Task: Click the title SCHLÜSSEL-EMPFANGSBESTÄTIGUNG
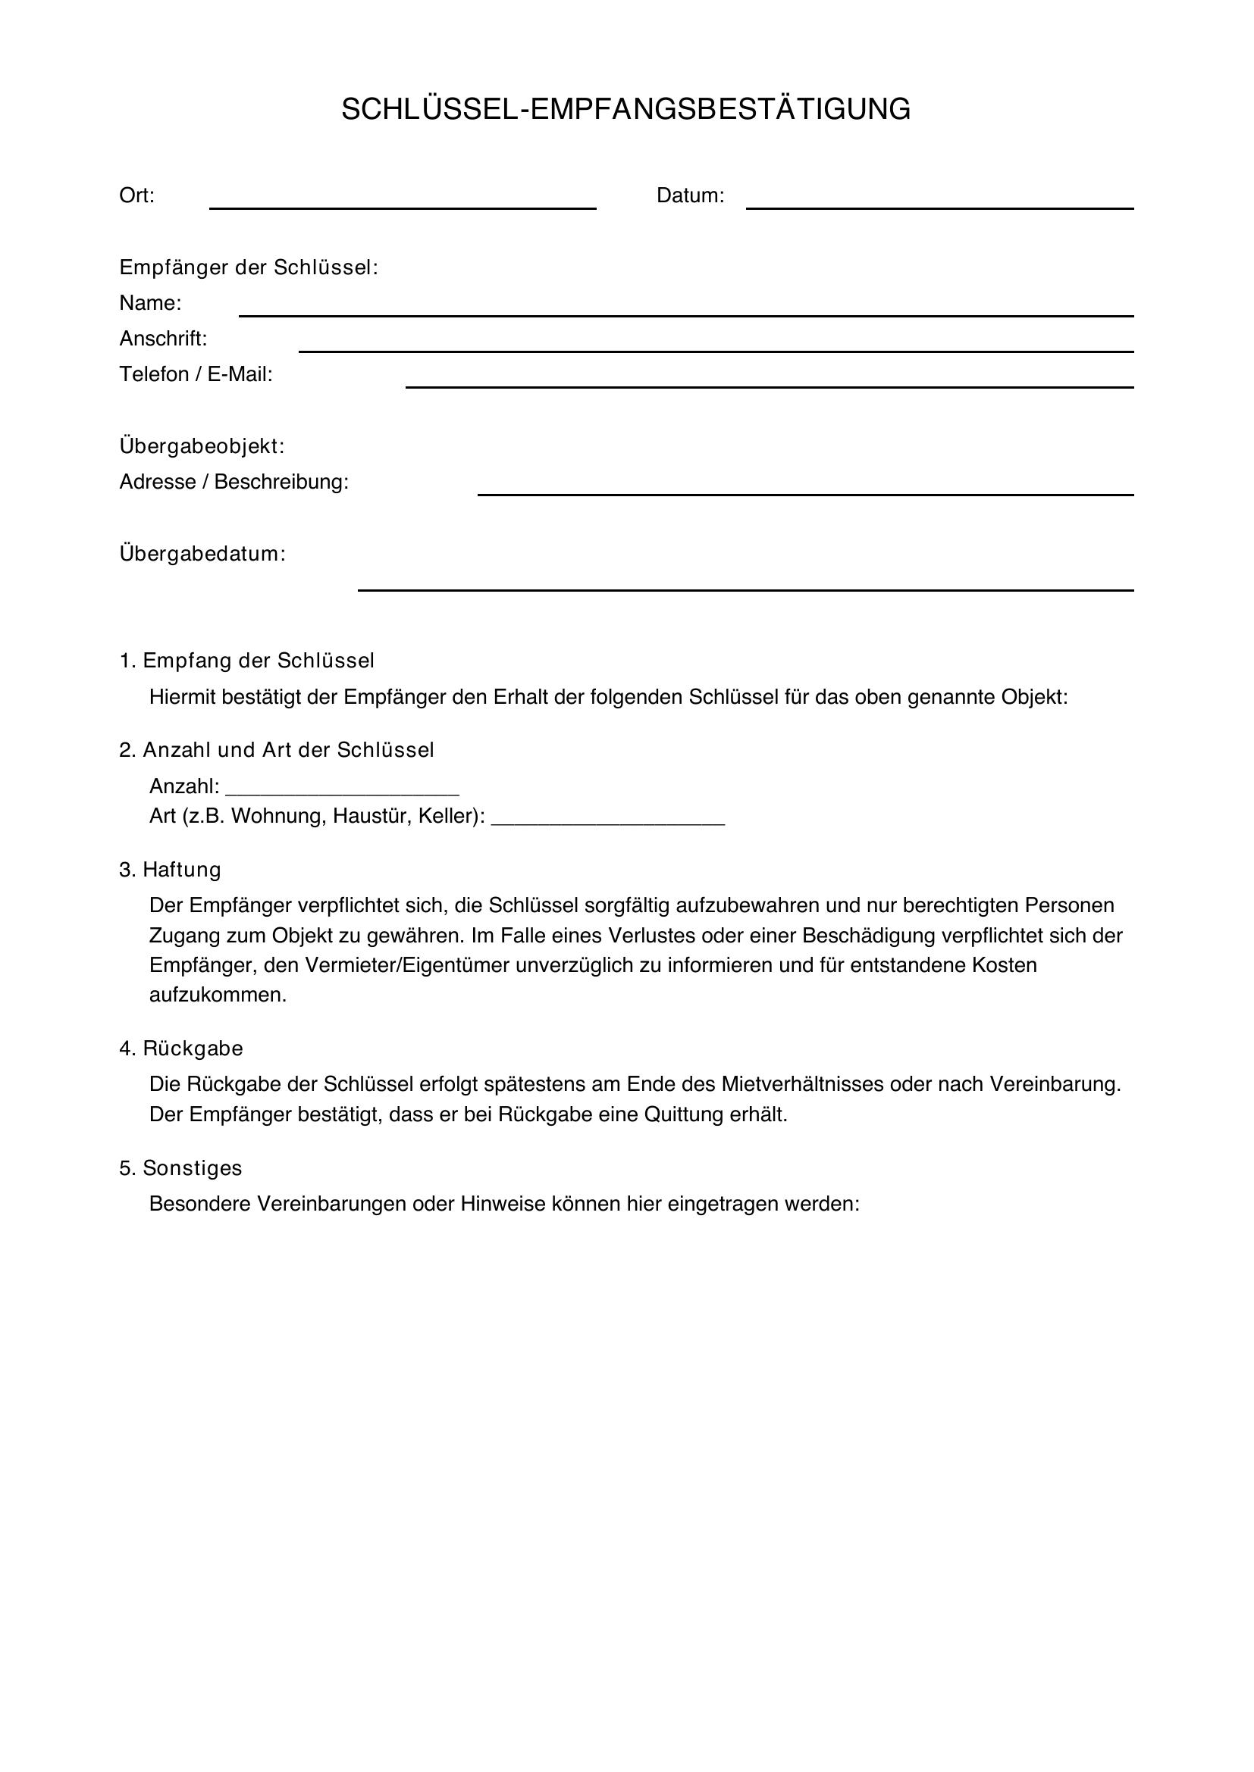tap(626, 110)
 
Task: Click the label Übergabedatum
tap(202, 554)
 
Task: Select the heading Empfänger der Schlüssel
tap(249, 267)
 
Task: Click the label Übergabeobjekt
tap(202, 446)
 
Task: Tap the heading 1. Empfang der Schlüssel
tap(247, 661)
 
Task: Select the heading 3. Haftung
tap(170, 870)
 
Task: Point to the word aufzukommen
tap(218, 995)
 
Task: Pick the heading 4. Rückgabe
tap(181, 1049)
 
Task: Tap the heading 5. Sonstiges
tap(180, 1168)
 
